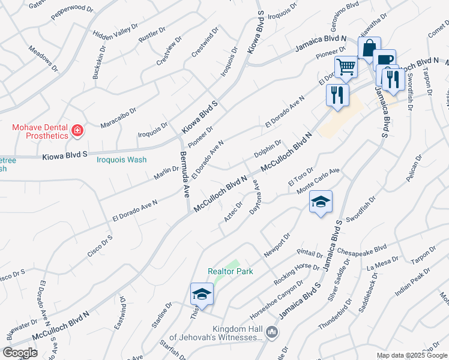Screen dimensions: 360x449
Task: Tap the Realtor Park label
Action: tap(231, 271)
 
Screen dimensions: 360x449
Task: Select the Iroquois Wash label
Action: tap(122, 160)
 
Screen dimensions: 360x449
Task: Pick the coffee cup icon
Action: tap(384, 59)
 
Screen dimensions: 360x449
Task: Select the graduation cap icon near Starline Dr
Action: tap(202, 294)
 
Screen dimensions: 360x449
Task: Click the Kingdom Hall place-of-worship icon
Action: tap(272, 331)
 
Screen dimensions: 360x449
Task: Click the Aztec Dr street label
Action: tap(234, 212)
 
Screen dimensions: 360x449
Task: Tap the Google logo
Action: tap(19, 353)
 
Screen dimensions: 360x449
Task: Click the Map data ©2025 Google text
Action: tap(412, 355)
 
